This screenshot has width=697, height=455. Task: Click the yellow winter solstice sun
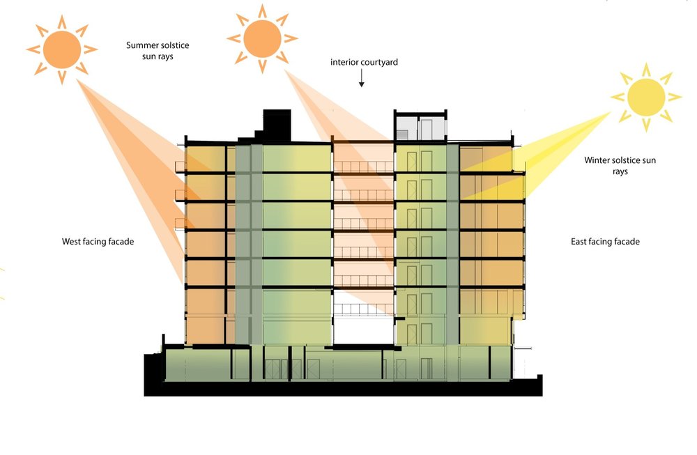(x=646, y=97)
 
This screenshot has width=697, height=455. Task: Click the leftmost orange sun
(x=61, y=49)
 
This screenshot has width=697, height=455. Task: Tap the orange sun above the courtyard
(x=262, y=38)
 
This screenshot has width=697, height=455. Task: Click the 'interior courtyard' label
(x=364, y=63)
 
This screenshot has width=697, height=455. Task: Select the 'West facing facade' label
(x=98, y=242)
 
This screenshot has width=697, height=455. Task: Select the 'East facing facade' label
(x=605, y=242)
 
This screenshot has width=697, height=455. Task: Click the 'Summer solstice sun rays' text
(x=158, y=51)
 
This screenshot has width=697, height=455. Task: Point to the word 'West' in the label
(x=72, y=242)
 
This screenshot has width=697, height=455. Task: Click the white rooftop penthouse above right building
(x=421, y=125)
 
